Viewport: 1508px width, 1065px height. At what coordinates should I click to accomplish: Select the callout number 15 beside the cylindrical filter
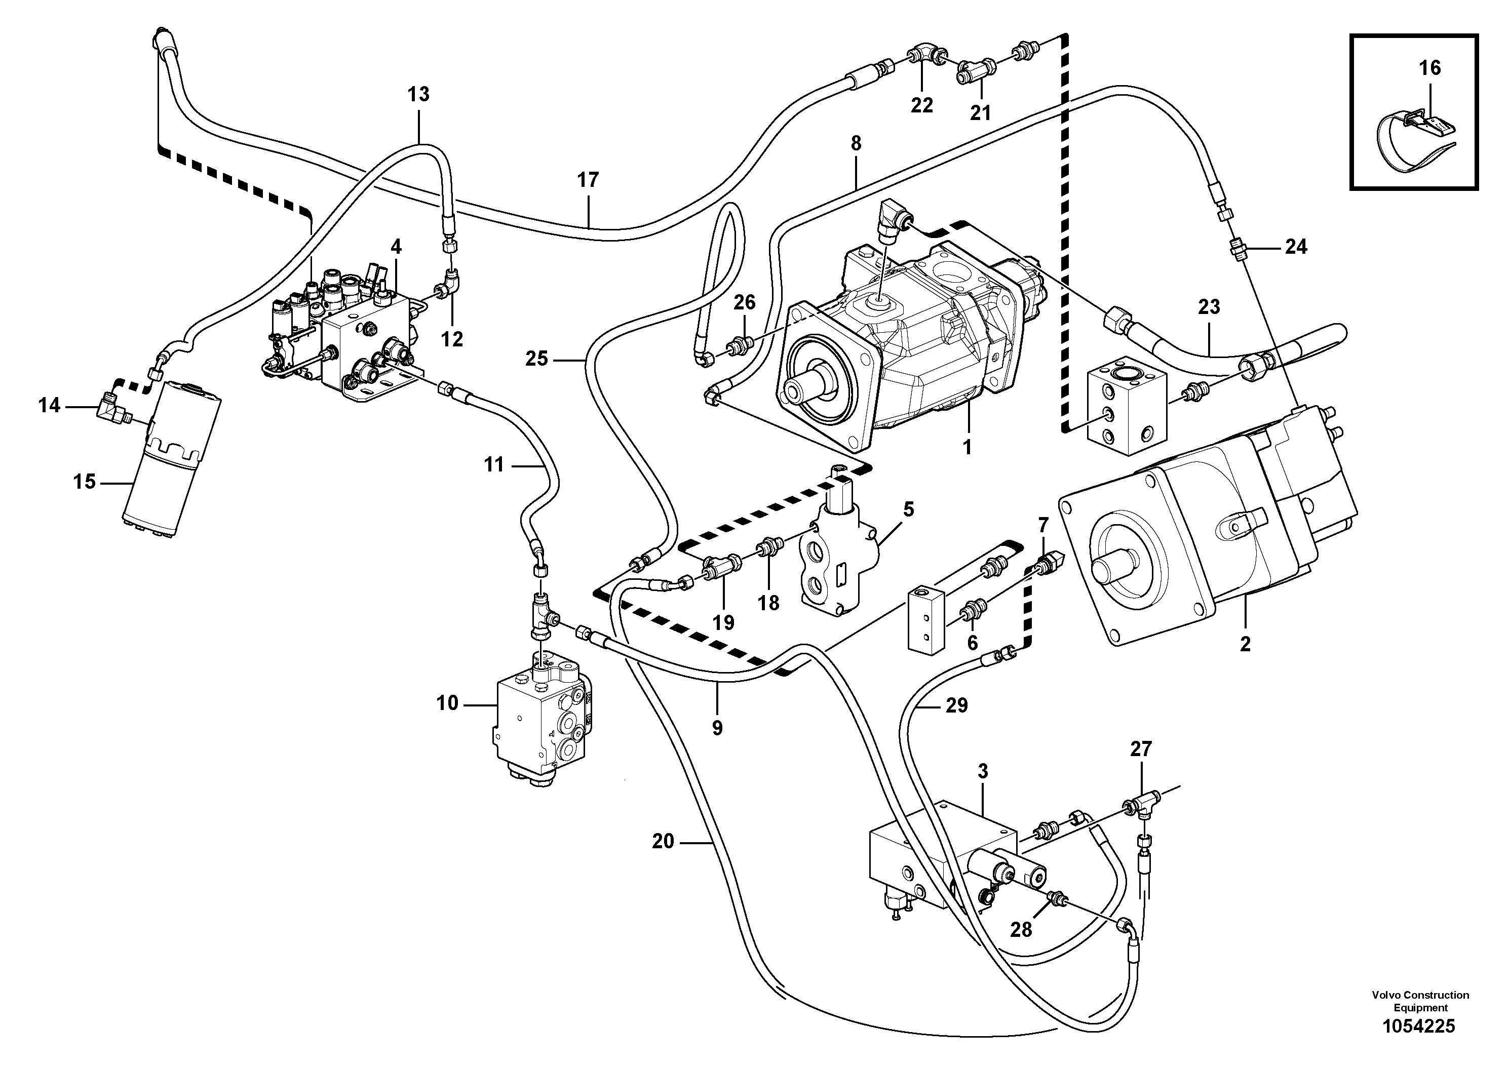84,482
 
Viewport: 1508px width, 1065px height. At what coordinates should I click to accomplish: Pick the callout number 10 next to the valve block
447,703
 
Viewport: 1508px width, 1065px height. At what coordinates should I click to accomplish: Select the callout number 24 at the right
1295,247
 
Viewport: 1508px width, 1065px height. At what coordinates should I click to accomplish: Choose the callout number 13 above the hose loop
418,95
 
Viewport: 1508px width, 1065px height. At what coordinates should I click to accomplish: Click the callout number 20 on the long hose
664,841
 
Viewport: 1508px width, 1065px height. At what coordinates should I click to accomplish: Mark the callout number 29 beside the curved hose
957,706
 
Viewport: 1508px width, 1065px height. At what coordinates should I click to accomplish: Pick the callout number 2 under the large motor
1245,644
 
